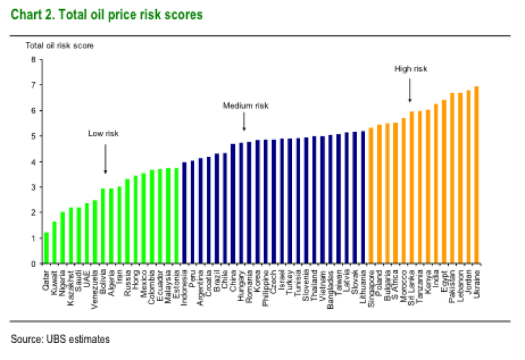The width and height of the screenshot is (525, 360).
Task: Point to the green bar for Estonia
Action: point(177,216)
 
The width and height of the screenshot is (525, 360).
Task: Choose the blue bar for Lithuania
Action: point(363,197)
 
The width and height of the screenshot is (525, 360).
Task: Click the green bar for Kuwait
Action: point(54,243)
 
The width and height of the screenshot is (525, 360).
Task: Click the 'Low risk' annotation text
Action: point(104,133)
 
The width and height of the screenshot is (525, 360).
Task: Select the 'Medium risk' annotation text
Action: point(245,106)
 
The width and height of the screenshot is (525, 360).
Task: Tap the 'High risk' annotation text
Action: point(411,68)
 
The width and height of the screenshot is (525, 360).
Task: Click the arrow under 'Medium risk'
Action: point(244,121)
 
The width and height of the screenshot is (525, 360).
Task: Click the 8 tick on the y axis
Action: point(33,60)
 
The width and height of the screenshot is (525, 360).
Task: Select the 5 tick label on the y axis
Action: point(33,136)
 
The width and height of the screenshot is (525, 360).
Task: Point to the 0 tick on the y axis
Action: point(33,264)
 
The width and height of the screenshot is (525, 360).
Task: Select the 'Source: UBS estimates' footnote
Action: point(60,339)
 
